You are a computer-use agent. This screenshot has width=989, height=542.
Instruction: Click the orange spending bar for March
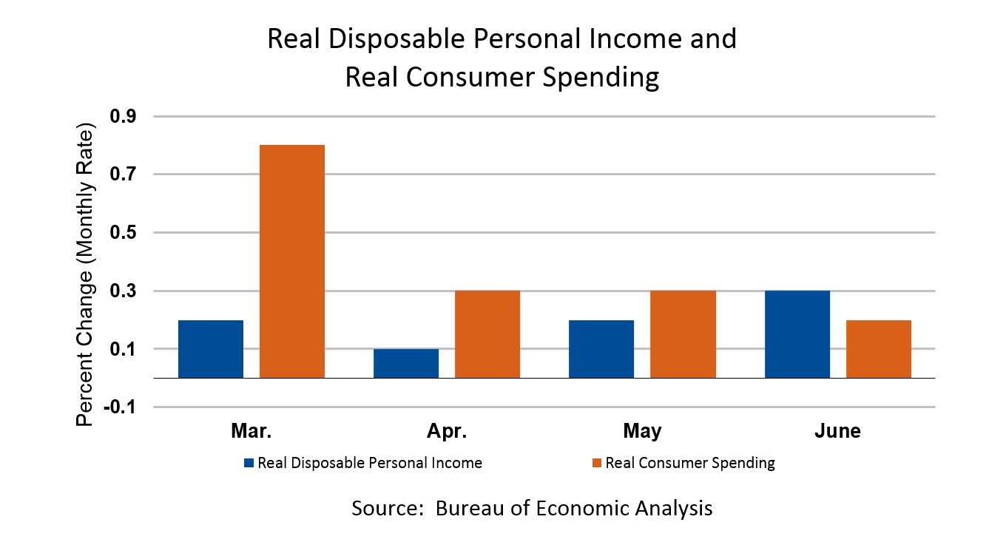tap(292, 261)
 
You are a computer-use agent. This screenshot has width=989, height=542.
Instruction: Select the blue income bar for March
tap(211, 349)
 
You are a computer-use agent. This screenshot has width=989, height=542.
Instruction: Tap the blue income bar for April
tap(406, 363)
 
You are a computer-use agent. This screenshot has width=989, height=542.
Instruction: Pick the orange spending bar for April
tap(487, 334)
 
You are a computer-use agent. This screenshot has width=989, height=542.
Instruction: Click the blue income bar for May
tap(601, 349)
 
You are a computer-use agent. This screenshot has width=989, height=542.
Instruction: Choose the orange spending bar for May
tap(683, 334)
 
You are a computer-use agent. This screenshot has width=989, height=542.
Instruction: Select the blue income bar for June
tap(797, 334)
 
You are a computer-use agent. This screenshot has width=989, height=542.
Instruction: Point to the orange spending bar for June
tap(879, 349)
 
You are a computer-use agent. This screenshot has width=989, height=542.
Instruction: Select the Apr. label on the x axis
tap(447, 431)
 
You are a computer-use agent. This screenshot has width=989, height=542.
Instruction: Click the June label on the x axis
tap(837, 431)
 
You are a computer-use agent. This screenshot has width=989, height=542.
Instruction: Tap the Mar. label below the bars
tap(252, 431)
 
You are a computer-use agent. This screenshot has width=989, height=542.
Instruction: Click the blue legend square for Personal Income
tap(249, 464)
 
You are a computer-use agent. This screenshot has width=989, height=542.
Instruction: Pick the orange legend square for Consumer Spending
tap(597, 464)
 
